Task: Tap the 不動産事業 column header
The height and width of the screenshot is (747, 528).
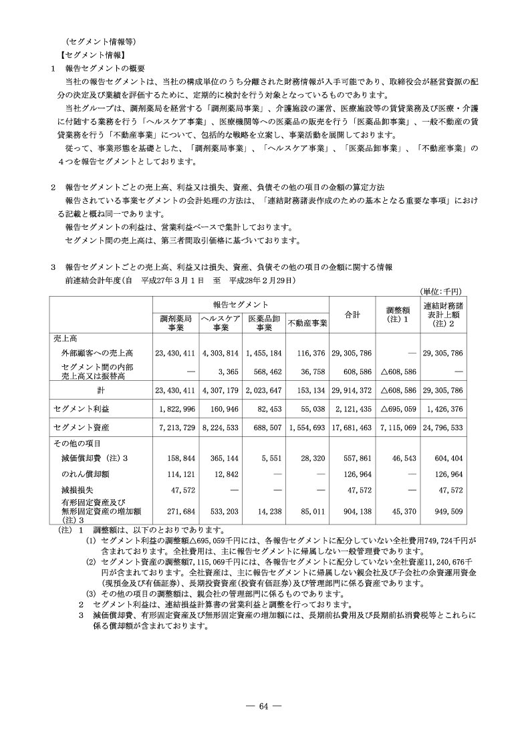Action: click(x=307, y=324)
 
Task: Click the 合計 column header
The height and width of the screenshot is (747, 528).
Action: click(x=352, y=313)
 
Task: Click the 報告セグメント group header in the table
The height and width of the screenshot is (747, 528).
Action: click(x=241, y=303)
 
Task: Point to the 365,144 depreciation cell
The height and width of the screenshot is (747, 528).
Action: click(x=224, y=460)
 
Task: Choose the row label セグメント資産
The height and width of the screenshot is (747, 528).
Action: click(x=81, y=427)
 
